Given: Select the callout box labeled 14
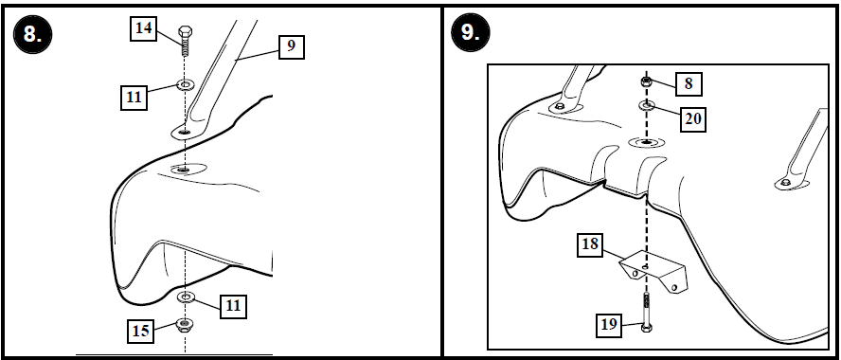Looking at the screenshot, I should click(143, 29).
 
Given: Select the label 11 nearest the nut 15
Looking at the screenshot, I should click(232, 305).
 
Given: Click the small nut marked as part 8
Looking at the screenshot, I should click(646, 83).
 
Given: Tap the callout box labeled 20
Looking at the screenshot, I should click(694, 118).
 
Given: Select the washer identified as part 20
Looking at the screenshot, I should click(646, 104).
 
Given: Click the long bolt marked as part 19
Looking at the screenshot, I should click(646, 313).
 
